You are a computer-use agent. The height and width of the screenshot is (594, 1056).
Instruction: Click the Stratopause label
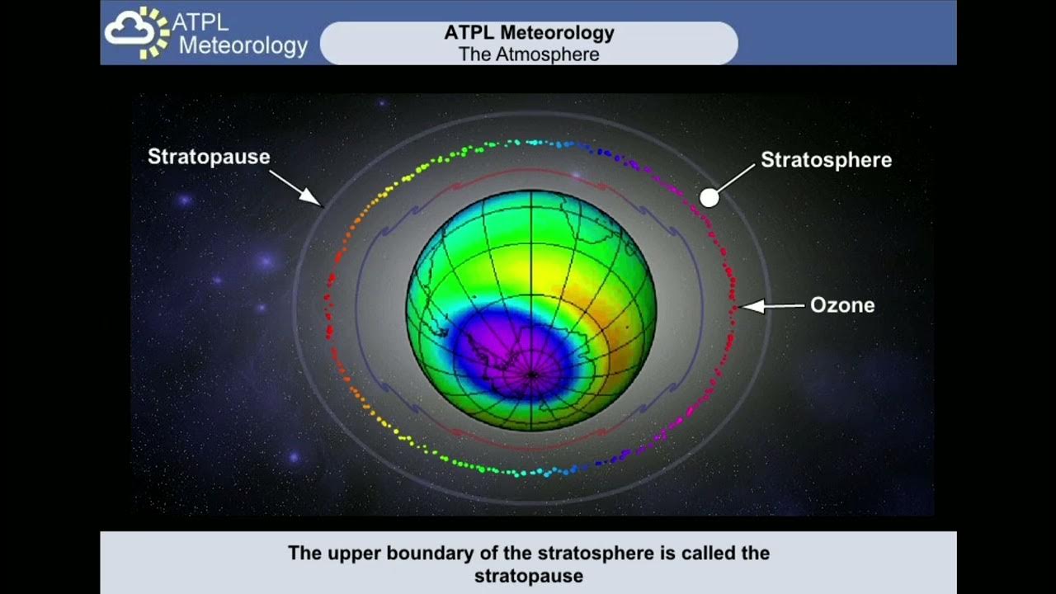(x=209, y=157)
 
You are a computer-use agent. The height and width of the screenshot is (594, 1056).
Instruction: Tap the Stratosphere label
(x=826, y=160)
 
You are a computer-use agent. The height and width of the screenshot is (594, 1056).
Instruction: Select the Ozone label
(x=841, y=305)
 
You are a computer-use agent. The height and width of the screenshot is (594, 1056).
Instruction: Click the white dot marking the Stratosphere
(x=709, y=197)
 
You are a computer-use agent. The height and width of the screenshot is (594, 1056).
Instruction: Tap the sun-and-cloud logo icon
(x=136, y=33)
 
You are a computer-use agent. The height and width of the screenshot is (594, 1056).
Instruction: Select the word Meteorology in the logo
(x=243, y=45)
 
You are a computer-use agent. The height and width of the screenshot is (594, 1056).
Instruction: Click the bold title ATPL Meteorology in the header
(x=529, y=33)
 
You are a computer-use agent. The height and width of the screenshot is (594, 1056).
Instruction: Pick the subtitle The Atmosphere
(x=529, y=54)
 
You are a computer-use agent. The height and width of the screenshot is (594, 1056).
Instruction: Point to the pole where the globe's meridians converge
(x=531, y=375)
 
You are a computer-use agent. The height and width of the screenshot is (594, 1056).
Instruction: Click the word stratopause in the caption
(x=528, y=575)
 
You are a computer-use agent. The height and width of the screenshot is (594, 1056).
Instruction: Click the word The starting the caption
(x=304, y=553)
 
